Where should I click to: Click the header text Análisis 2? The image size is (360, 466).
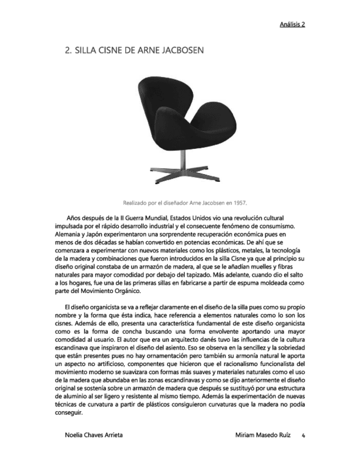292,24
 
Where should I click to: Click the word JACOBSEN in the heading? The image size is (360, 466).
181,51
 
